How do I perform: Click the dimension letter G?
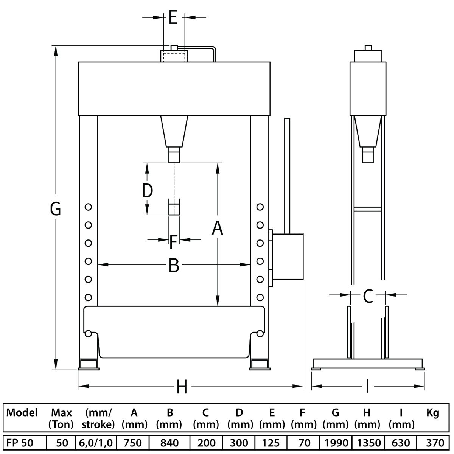(56, 209)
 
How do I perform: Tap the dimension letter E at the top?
(173, 18)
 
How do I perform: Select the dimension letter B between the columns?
(174, 265)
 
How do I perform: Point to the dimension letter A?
(217, 228)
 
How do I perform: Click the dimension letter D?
(148, 190)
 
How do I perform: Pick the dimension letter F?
(173, 243)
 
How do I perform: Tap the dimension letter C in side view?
(368, 296)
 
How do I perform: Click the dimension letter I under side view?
(367, 386)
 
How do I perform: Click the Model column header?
(22, 412)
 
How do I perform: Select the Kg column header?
(433, 413)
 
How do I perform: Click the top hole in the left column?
(88, 207)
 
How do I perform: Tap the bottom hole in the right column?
(260, 297)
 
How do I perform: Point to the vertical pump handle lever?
(287, 176)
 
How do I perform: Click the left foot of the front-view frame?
(89, 364)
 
